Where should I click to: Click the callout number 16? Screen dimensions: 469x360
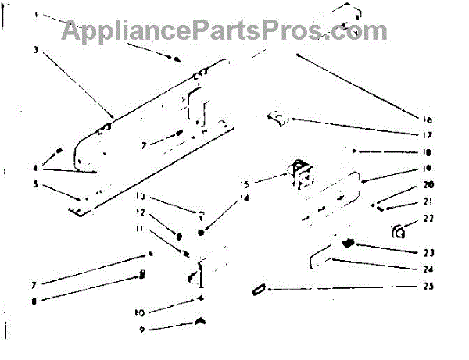click(428, 120)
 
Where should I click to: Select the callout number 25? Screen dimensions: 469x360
click(428, 287)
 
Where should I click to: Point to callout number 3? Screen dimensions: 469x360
click(37, 48)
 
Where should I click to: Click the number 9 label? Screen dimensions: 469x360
click(141, 330)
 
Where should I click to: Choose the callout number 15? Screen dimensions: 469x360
click(245, 185)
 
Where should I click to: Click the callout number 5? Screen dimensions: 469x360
click(36, 185)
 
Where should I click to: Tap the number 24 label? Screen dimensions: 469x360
click(428, 270)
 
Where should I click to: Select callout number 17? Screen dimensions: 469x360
click(428, 134)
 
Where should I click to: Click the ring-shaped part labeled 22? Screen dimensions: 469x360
click(399, 231)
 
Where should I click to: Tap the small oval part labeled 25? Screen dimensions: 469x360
click(257, 290)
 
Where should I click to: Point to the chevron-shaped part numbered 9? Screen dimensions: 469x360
click(201, 319)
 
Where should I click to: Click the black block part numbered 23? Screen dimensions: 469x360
click(349, 244)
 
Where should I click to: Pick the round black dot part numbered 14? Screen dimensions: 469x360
click(202, 232)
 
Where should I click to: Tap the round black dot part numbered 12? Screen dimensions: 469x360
click(179, 234)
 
